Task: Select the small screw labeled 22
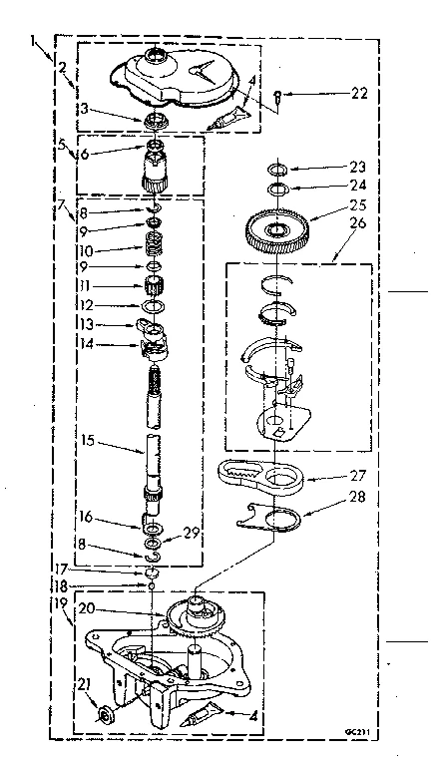tap(282, 95)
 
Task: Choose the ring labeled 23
tap(280, 169)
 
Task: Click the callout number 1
tap(36, 43)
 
